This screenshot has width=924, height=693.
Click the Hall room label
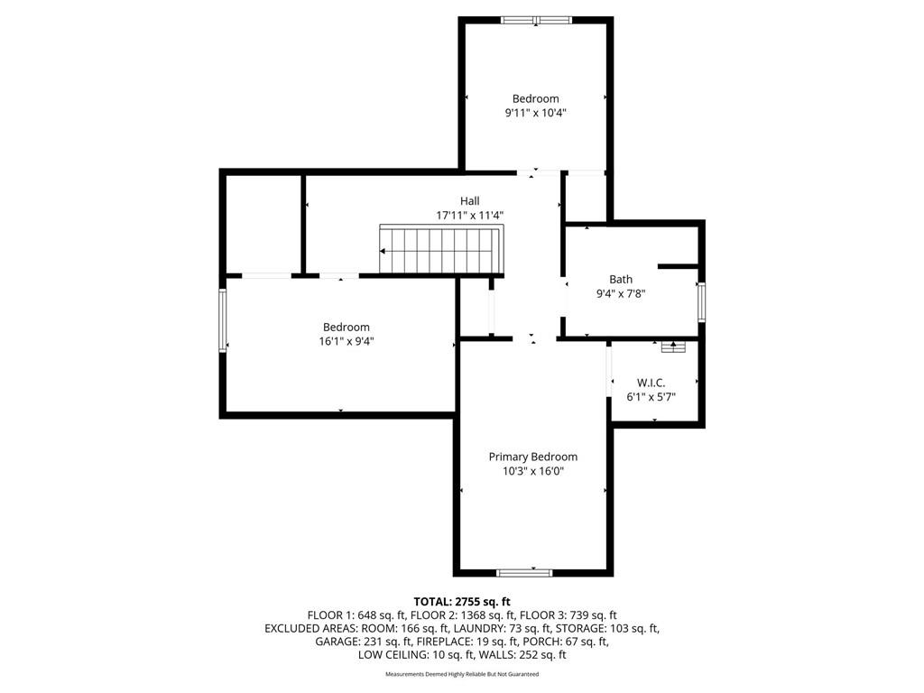(469, 201)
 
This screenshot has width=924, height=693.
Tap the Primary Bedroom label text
(532, 457)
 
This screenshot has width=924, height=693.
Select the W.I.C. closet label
(651, 383)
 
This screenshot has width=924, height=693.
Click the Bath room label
(621, 280)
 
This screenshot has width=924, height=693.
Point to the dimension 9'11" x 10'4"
(535, 113)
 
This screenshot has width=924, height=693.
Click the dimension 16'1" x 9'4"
(346, 341)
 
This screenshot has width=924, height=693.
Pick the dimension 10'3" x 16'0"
(533, 471)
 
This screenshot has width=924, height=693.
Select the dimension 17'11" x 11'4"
(469, 215)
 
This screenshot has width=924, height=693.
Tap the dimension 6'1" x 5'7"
(651, 397)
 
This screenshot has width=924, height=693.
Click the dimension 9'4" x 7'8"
(621, 293)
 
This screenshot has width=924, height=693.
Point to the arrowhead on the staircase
(383, 251)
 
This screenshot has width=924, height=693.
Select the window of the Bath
(701, 302)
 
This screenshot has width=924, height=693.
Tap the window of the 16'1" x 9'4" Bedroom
(223, 320)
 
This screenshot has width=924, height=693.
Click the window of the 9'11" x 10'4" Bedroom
(536, 20)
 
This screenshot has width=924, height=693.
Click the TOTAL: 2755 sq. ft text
(462, 602)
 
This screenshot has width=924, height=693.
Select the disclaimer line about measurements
(462, 673)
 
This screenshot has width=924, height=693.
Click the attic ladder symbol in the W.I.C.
(673, 346)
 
